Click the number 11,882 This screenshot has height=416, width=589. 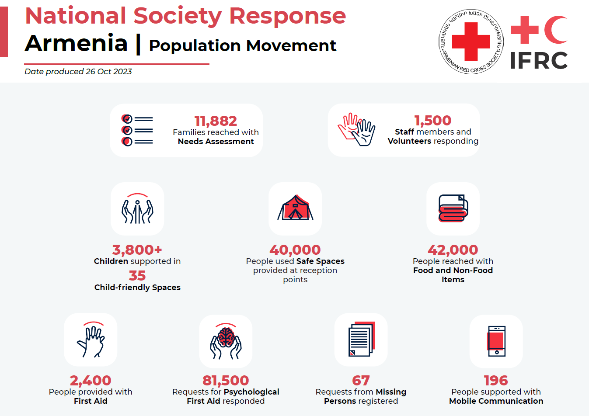coord(216,121)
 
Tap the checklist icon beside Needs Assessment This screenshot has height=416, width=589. coord(137,130)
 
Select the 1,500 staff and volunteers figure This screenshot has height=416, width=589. coord(432,120)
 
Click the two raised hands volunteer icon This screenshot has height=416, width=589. coord(356,129)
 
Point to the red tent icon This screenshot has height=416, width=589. coord(295,208)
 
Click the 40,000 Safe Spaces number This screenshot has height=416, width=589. coord(295,250)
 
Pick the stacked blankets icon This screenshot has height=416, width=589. coord(453,208)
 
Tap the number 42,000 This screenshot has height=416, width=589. coord(453,250)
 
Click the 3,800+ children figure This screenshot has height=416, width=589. coord(137,250)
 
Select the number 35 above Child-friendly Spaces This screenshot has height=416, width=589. coord(137,276)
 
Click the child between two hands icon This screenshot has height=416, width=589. coord(137,209)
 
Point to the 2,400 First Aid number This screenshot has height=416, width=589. coord(91,380)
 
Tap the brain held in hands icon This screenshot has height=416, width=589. coord(226,342)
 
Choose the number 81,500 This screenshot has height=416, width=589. coord(226,380)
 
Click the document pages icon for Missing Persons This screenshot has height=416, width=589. coord(361,340)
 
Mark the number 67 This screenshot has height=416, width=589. coord(361,380)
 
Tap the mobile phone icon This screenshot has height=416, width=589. coord(496,341)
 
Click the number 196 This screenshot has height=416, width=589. coord(496,380)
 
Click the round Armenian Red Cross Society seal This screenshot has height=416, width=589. coord(471,42)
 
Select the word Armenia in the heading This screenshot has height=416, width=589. coord(76,43)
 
